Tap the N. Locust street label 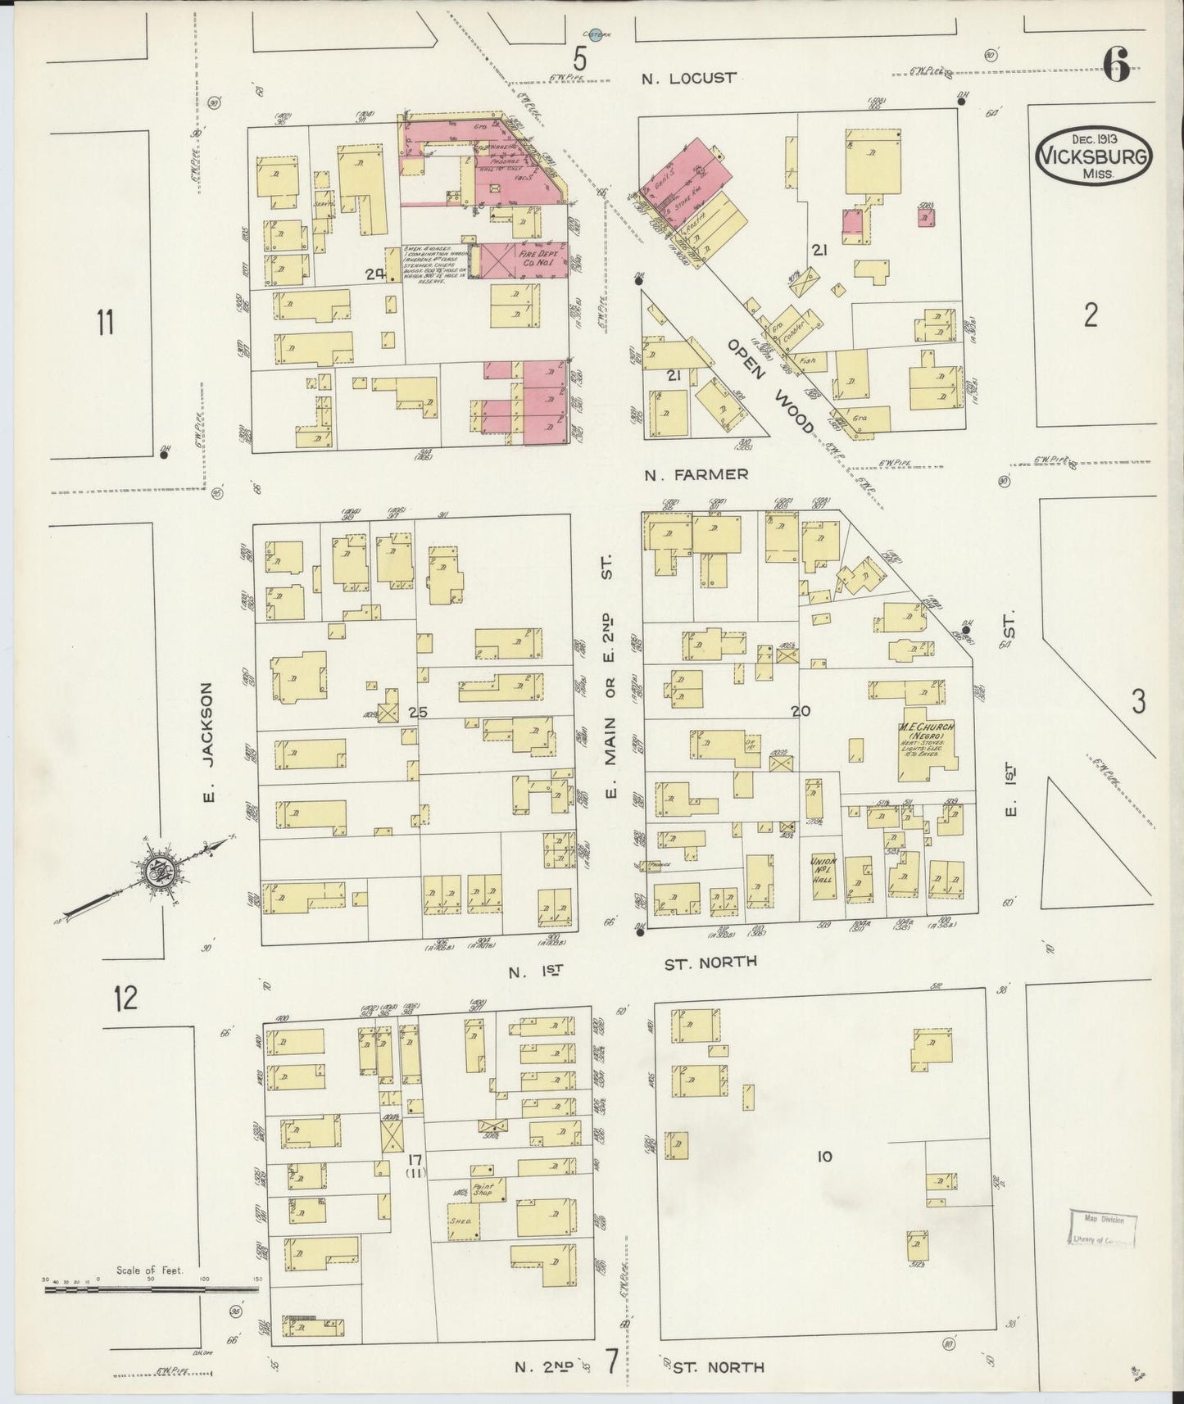click(x=688, y=78)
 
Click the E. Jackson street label click(x=207, y=743)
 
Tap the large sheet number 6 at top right click(x=1118, y=65)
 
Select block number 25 click(x=418, y=712)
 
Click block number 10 click(x=824, y=1157)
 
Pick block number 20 click(x=801, y=711)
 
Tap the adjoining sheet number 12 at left click(x=126, y=999)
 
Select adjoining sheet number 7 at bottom click(x=612, y=1361)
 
